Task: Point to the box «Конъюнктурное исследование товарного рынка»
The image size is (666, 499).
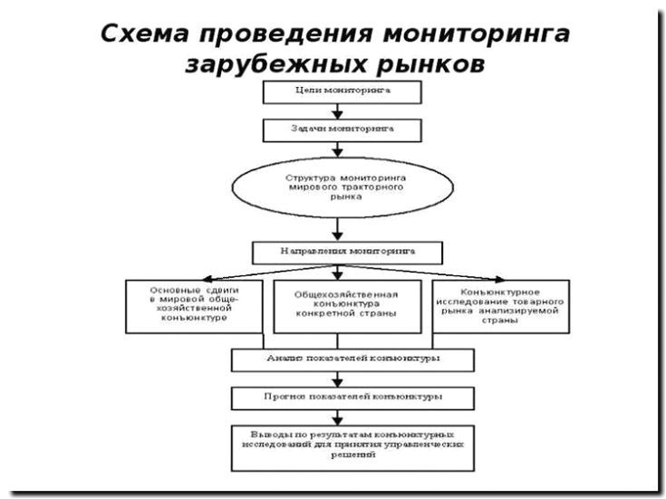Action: click(501, 307)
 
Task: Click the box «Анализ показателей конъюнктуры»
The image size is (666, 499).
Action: click(352, 359)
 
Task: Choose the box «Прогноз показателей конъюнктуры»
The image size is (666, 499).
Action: click(352, 397)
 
